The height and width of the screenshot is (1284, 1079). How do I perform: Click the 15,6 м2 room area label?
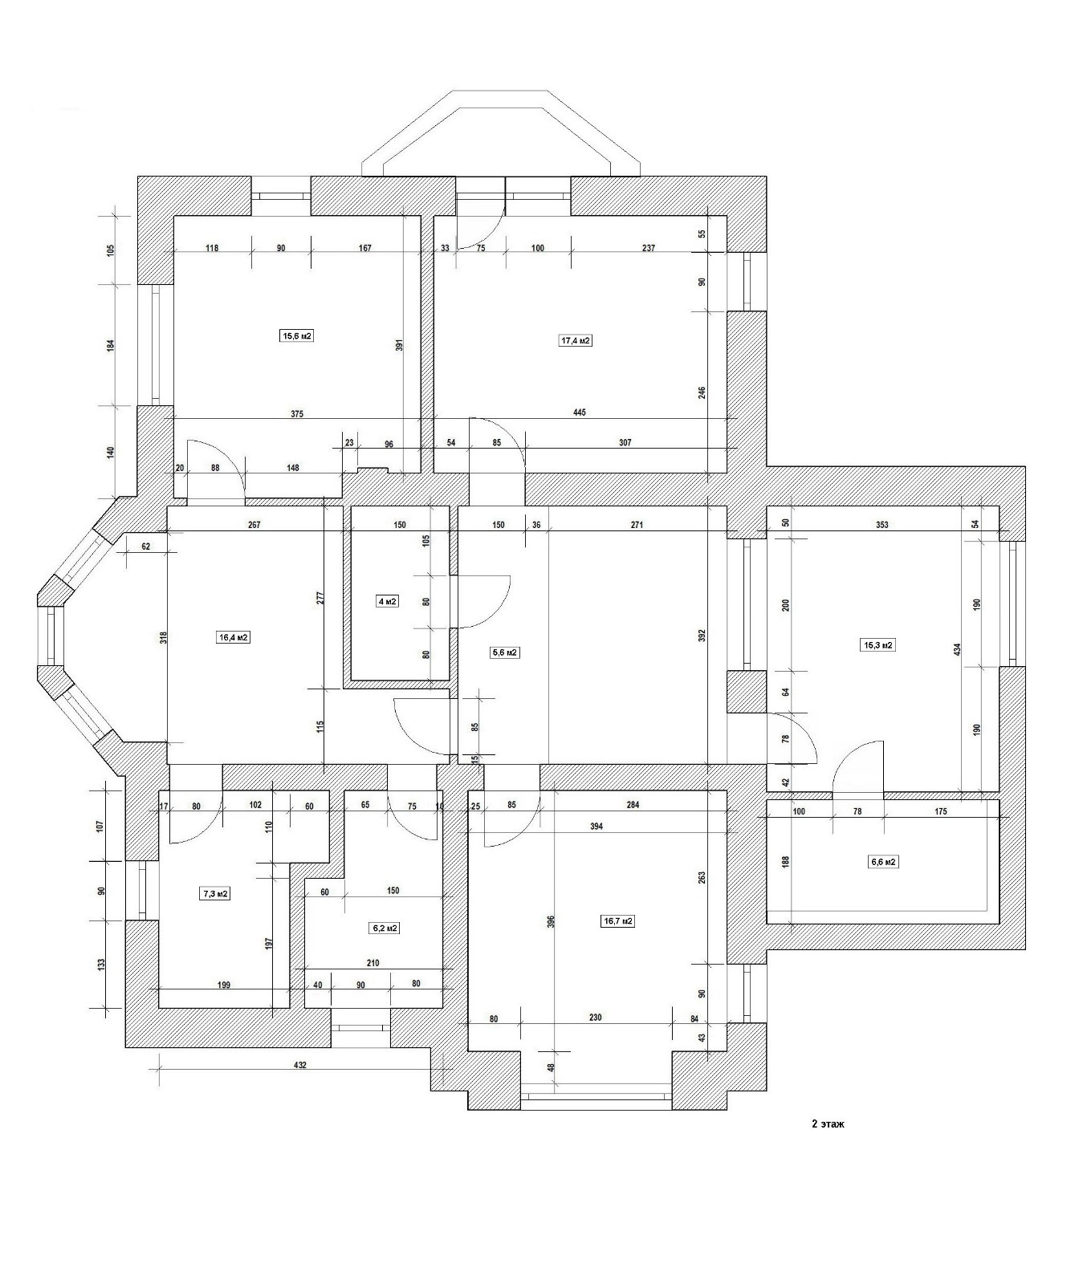[x=296, y=336]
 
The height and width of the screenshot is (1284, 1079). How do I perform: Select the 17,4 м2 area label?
[x=575, y=340]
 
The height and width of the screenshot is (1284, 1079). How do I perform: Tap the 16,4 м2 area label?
[x=234, y=638]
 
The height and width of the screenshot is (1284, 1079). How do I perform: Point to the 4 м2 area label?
[x=387, y=601]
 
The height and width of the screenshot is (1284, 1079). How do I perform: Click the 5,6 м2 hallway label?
[x=505, y=652]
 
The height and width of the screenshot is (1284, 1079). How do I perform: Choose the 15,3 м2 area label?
[x=877, y=644]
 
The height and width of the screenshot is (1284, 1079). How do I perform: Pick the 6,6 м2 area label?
[x=883, y=862]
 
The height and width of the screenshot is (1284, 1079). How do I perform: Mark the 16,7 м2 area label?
[x=618, y=921]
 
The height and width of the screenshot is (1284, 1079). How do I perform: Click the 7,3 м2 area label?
[x=215, y=893]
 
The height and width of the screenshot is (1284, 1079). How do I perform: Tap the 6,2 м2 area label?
[x=385, y=928]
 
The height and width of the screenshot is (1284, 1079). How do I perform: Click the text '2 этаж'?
[x=828, y=1123]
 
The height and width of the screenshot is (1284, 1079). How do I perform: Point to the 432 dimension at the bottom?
[x=300, y=1065]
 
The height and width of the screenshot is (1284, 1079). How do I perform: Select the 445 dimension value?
[x=580, y=412]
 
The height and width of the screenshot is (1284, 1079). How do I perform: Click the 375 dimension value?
[x=297, y=414]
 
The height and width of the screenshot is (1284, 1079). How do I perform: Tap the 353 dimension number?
[x=882, y=525]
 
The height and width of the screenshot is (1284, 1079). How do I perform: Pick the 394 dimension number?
[x=596, y=826]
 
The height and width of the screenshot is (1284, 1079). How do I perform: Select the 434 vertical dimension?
[x=957, y=649]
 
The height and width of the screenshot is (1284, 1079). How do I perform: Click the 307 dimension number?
[x=625, y=442]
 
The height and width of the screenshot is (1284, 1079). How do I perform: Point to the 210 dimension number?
[x=373, y=963]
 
